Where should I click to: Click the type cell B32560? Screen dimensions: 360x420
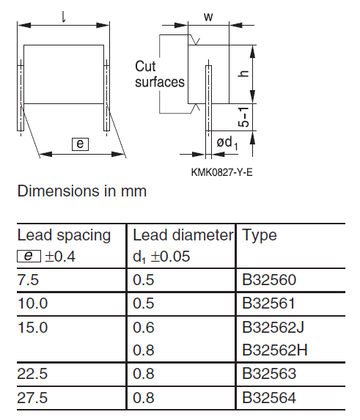coord(269,280)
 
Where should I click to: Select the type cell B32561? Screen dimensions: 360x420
coord(268,303)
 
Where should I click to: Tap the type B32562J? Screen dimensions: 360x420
coord(273,328)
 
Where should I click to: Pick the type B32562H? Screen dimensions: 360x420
coord(274,350)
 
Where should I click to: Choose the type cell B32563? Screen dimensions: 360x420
coord(269,374)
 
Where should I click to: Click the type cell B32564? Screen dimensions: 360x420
coord(269,397)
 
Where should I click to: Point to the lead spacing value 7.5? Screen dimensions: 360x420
coord(28,280)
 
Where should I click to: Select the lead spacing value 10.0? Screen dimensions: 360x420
coord(33,303)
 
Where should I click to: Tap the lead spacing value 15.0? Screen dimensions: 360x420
coord(33,328)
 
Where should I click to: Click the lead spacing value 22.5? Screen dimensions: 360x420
coord(32,374)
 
